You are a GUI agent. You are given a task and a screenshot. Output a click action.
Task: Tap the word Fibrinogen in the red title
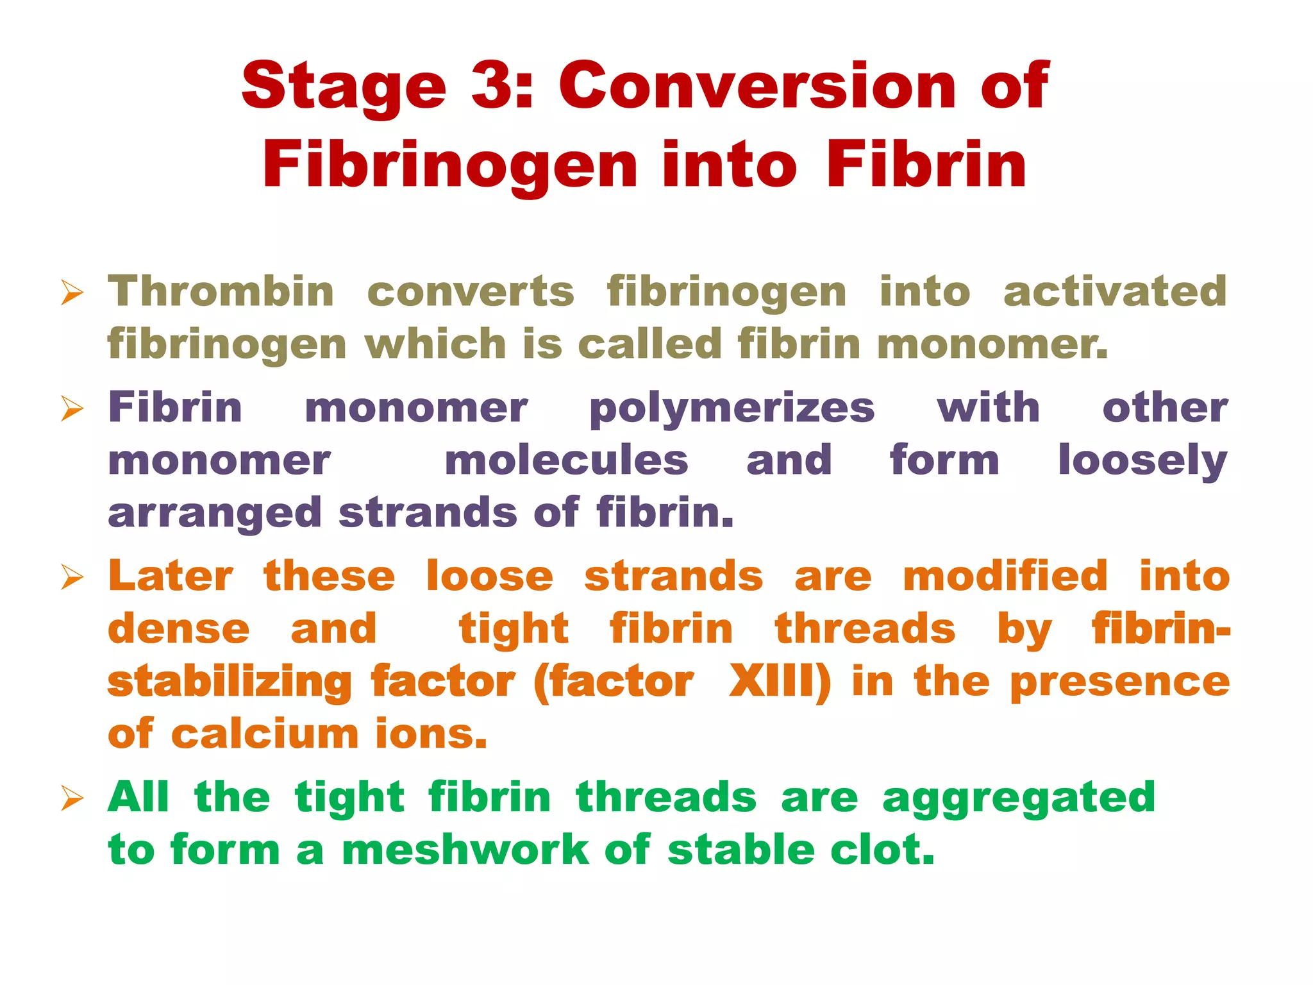[x=449, y=165]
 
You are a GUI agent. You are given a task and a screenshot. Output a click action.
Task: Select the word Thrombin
[x=221, y=291]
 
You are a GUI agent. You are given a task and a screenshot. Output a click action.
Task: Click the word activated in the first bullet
[x=1115, y=291]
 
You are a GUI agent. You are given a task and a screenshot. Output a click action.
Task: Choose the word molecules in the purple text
[x=566, y=460]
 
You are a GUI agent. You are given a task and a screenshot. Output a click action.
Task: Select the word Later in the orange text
[x=171, y=576]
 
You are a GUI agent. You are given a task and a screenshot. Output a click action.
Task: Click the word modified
[x=1005, y=576]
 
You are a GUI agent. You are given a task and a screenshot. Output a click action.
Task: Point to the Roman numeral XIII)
[x=780, y=681]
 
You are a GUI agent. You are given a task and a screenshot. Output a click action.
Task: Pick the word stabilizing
[x=230, y=682]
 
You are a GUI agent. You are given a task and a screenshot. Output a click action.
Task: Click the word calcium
[x=264, y=734]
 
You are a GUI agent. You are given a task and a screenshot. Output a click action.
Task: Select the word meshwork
[x=465, y=850]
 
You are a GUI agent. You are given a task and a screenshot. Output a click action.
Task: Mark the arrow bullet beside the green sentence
[x=72, y=798]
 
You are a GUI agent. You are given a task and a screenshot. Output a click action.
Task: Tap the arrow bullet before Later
[x=72, y=577]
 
